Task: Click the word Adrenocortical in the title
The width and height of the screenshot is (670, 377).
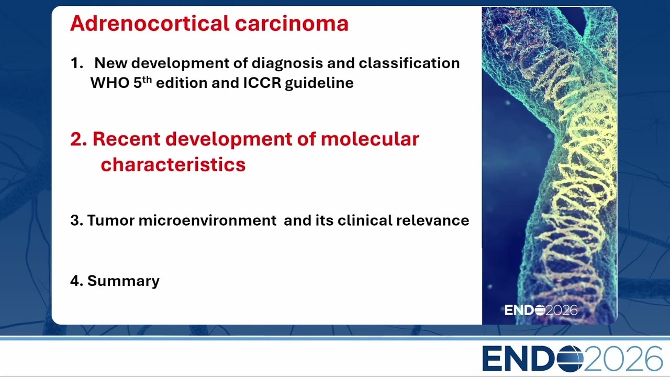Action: click(x=150, y=24)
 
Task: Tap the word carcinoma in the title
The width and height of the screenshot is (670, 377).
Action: click(x=292, y=24)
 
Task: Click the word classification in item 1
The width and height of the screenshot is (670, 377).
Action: click(x=409, y=63)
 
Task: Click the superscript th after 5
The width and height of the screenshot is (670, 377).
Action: click(x=147, y=80)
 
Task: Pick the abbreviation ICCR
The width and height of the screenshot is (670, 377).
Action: click(x=262, y=83)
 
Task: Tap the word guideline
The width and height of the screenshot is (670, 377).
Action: click(x=319, y=83)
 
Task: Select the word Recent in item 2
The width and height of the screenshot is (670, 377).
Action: click(x=127, y=139)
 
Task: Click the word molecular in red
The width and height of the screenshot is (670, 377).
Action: click(x=370, y=139)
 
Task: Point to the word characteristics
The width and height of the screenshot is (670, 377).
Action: click(x=173, y=164)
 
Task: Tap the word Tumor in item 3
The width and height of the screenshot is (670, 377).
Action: click(x=110, y=220)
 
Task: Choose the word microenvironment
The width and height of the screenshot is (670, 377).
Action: click(x=208, y=220)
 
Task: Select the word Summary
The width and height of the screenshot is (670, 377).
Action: click(x=123, y=281)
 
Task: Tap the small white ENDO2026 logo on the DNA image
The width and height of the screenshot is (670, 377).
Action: click(x=541, y=311)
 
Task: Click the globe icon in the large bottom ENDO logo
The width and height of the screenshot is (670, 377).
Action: click(x=569, y=359)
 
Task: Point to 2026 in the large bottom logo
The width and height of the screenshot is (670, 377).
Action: click(x=623, y=359)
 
